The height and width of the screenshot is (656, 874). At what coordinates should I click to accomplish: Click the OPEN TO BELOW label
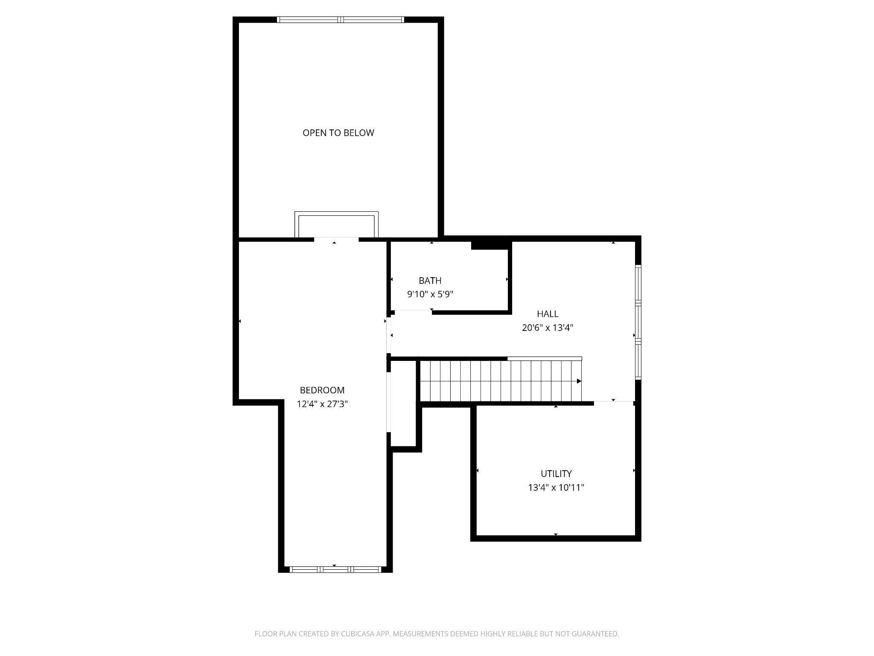click(x=338, y=133)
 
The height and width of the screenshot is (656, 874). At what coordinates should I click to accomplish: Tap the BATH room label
click(x=430, y=281)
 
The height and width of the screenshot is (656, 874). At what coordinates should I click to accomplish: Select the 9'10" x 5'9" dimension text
click(x=430, y=294)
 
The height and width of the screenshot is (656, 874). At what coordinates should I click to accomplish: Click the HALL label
click(x=548, y=314)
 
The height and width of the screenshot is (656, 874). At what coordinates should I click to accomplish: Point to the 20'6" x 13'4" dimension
click(x=548, y=328)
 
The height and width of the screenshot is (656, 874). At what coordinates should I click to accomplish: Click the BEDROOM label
click(x=322, y=390)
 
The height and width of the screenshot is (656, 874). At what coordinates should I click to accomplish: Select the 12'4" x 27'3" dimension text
click(x=322, y=404)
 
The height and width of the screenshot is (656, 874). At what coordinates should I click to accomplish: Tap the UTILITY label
click(x=556, y=474)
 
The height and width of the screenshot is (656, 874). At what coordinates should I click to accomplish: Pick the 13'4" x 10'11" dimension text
click(x=556, y=488)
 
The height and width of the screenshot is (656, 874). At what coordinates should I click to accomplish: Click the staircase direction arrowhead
click(x=579, y=381)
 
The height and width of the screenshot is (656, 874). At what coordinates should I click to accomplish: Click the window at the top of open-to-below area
click(x=340, y=20)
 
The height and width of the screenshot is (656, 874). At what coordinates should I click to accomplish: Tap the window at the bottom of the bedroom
click(x=335, y=569)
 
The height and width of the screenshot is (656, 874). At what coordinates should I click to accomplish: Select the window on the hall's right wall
click(x=638, y=322)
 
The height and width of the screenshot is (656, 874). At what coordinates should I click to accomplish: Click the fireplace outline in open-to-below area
click(x=336, y=225)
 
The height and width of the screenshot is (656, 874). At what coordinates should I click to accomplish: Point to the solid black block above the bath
click(x=491, y=245)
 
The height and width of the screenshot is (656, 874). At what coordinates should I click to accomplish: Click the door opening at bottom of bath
click(x=413, y=312)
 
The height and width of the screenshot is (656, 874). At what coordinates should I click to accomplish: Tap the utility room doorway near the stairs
click(x=613, y=403)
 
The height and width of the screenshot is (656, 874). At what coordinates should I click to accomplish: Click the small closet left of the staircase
click(x=403, y=403)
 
